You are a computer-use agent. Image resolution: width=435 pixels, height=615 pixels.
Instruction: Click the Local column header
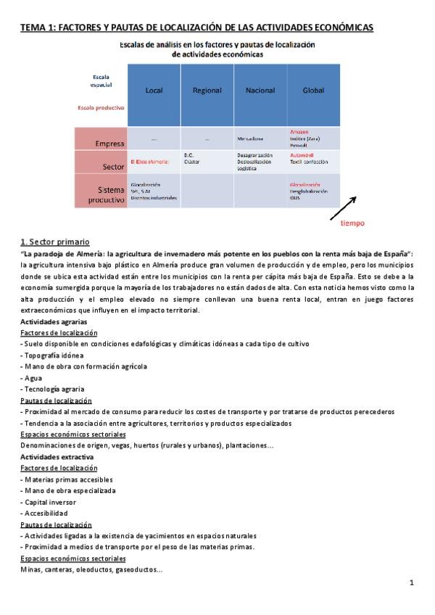[x=154, y=91]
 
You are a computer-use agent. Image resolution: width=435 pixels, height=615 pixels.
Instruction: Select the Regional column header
[x=207, y=91]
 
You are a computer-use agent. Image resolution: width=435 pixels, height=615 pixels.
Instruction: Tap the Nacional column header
[x=260, y=91]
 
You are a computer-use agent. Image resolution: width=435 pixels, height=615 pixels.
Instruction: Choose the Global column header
[x=313, y=91]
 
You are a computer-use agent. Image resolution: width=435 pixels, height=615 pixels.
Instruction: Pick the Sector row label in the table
[x=114, y=166]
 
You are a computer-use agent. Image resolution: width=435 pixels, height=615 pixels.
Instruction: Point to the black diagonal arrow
[x=343, y=207]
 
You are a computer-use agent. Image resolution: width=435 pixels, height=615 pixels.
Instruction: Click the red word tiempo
[x=352, y=223]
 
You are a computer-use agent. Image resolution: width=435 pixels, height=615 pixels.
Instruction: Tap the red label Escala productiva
[x=101, y=107]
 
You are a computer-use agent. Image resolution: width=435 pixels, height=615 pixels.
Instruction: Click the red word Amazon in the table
[x=299, y=132]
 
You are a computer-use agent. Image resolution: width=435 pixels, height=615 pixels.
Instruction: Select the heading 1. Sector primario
[x=54, y=242]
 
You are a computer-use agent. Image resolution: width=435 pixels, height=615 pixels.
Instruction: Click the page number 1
[x=411, y=582]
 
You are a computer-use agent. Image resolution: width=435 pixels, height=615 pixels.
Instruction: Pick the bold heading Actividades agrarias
[x=54, y=321]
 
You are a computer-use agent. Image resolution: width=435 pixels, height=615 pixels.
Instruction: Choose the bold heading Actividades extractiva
[x=56, y=458]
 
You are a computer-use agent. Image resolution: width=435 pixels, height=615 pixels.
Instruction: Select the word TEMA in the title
[x=32, y=28]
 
